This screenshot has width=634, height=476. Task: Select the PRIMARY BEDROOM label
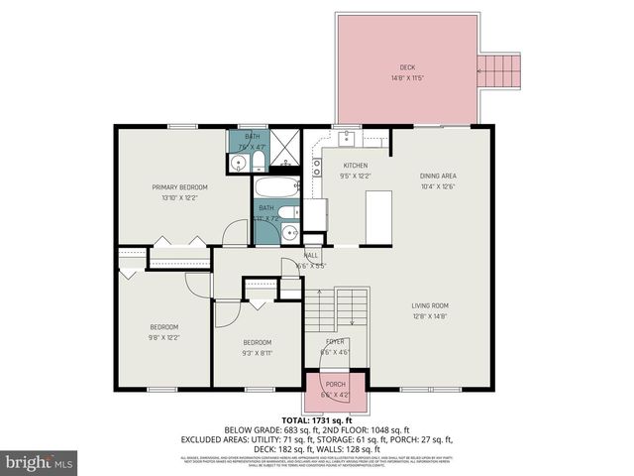click(x=179, y=186)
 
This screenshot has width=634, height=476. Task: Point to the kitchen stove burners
click(x=318, y=167)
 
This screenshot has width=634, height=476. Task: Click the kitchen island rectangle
click(x=379, y=216)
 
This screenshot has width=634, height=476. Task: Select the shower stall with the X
click(x=285, y=153)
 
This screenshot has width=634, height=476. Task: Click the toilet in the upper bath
click(x=257, y=161)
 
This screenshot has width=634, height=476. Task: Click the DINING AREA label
click(x=437, y=177)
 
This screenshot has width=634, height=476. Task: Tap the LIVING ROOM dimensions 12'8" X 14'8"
click(x=430, y=316)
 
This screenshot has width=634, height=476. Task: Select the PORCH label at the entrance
click(x=336, y=384)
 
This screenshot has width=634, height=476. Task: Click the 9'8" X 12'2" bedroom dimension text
click(x=164, y=338)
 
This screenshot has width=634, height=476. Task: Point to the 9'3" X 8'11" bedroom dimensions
click(x=257, y=352)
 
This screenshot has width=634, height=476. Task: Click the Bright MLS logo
click(x=40, y=461)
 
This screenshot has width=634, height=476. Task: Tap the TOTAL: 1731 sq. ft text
click(x=317, y=420)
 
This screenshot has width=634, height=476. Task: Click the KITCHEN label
click(x=356, y=166)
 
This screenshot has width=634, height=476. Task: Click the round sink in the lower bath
click(x=288, y=232)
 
